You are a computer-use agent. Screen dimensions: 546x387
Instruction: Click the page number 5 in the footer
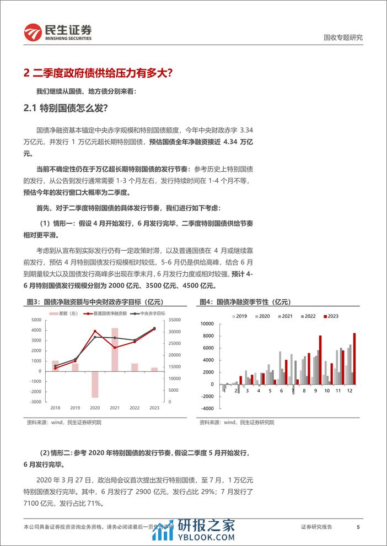coord(358,527)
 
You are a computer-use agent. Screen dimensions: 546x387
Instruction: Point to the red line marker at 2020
coord(95,332)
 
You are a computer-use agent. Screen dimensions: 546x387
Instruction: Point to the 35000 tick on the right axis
coord(171,320)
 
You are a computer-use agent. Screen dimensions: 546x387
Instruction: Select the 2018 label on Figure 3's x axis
coord(55,408)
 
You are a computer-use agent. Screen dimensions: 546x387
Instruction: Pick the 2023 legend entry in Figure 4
coord(332,316)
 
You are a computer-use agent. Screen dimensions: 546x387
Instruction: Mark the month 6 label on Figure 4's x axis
coord(281,391)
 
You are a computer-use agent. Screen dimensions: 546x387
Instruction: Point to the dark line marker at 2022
coord(135,340)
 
